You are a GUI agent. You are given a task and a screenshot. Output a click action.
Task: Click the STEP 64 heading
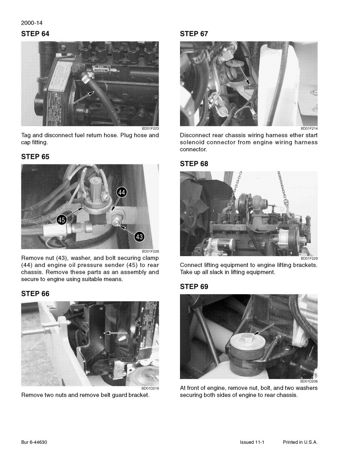pyautogui.click(x=35, y=34)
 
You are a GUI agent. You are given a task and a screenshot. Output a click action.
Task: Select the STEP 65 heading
pyautogui.click(x=35, y=157)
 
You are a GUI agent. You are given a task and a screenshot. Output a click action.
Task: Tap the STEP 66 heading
pyautogui.click(x=35, y=294)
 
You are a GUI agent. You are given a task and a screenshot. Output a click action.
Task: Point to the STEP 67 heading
pyautogui.click(x=194, y=34)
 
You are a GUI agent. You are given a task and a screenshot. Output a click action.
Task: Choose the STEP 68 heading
pyautogui.click(x=194, y=164)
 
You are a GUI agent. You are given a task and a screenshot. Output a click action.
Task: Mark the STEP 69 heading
pyautogui.click(x=194, y=287)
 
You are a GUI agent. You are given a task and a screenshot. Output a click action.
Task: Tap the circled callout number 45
pyautogui.click(x=62, y=220)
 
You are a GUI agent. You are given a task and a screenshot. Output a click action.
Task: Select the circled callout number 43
pyautogui.click(x=139, y=237)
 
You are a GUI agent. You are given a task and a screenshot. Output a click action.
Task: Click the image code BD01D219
pyautogui.click(x=150, y=388)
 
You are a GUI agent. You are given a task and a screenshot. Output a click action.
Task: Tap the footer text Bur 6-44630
pyautogui.click(x=34, y=442)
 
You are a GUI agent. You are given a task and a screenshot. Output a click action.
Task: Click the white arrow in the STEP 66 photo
pyautogui.click(x=116, y=332)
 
